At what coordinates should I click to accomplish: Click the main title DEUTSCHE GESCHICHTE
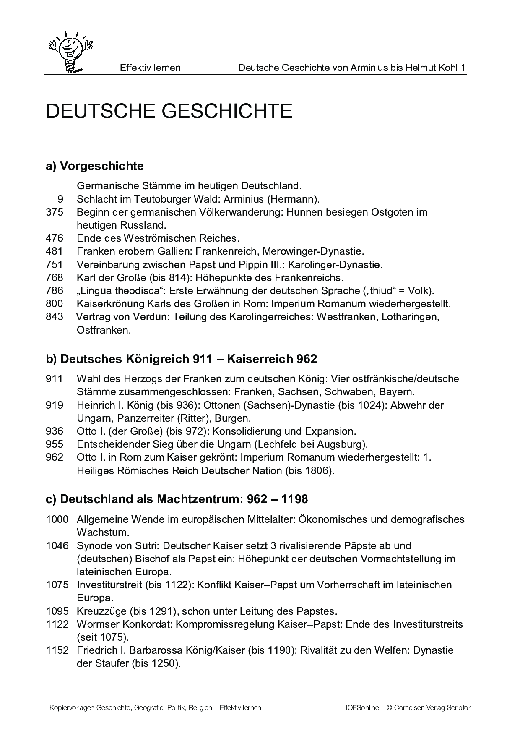pos(169,111)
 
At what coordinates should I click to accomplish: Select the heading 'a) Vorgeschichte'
pos(94,166)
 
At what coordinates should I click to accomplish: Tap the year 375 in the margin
pos(55,212)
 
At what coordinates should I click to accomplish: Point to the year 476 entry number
pos(55,238)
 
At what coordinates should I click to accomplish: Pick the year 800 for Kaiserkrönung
pos(55,303)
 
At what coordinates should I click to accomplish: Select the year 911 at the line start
pos(55,379)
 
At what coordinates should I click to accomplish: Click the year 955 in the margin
pos(55,444)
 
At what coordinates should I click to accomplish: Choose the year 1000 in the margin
pos(57,519)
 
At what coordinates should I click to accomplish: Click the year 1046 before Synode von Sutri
pos(57,546)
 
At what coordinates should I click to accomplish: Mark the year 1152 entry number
pos(57,651)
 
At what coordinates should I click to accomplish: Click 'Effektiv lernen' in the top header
pos(150,68)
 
